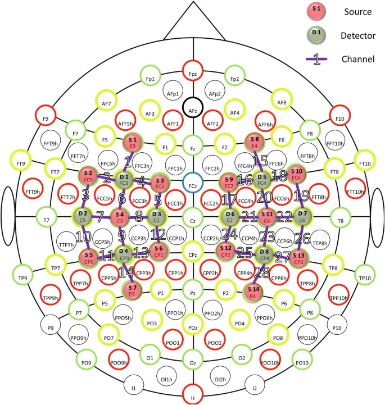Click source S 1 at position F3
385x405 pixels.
pyautogui.click(x=133, y=143)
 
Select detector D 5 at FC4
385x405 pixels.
pyautogui.click(x=262, y=180)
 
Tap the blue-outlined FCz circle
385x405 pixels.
pyautogui.click(x=193, y=183)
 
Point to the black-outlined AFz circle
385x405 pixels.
pyautogui.click(x=193, y=107)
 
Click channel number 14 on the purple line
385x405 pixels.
pyautogui.click(x=126, y=272)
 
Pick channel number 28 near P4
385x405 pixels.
pyautogui.click(x=262, y=272)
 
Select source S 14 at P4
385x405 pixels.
pyautogui.click(x=253, y=293)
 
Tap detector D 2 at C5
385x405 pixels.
pyautogui.click(x=83, y=216)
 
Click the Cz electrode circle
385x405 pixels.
pyautogui.click(x=193, y=217)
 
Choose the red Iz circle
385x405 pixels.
pyautogui.click(x=193, y=395)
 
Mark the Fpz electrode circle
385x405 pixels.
pyautogui.click(x=193, y=71)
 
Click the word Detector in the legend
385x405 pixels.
pyautogui.click(x=358, y=35)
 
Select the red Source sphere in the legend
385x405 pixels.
pyautogui.click(x=316, y=12)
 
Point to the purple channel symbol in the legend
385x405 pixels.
pyautogui.click(x=316, y=59)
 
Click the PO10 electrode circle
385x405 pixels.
pyautogui.click(x=302, y=360)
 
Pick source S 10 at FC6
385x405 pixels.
pyautogui.click(x=296, y=174)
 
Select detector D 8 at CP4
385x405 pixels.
pyautogui.click(x=264, y=254)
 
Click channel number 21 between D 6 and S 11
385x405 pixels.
pyautogui.click(x=250, y=216)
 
